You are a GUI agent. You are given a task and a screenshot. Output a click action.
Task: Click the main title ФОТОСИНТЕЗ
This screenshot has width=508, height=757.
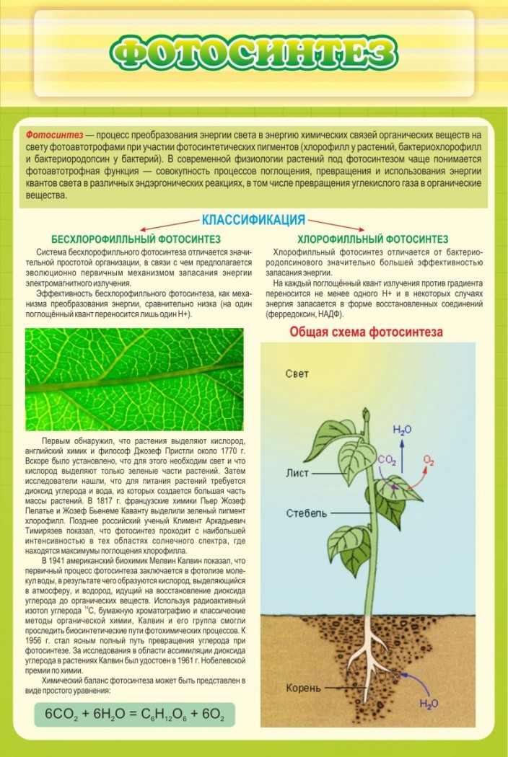[x=254, y=53]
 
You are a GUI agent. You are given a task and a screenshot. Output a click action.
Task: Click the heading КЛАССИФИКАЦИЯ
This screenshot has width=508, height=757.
[x=253, y=220]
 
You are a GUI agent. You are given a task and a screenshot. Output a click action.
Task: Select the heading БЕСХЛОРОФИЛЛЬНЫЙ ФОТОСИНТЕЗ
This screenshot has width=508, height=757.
[x=136, y=239]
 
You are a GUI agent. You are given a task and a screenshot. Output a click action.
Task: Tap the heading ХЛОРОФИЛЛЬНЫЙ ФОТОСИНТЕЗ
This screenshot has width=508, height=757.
[x=372, y=239]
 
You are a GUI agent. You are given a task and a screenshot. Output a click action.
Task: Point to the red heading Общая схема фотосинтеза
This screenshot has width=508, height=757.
[x=366, y=332]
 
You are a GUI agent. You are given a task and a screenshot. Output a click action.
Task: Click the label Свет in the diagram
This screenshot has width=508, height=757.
[x=297, y=373]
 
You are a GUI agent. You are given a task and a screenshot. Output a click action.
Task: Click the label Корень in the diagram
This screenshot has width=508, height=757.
[x=302, y=688]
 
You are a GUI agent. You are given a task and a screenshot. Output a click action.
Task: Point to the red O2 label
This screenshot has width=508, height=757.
[x=429, y=459]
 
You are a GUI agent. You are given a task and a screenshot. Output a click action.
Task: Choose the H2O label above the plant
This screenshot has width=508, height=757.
[x=402, y=430]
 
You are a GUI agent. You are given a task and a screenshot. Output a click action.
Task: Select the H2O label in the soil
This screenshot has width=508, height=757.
[x=429, y=702]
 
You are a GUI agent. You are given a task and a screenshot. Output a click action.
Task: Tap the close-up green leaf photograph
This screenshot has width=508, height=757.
[x=134, y=379]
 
